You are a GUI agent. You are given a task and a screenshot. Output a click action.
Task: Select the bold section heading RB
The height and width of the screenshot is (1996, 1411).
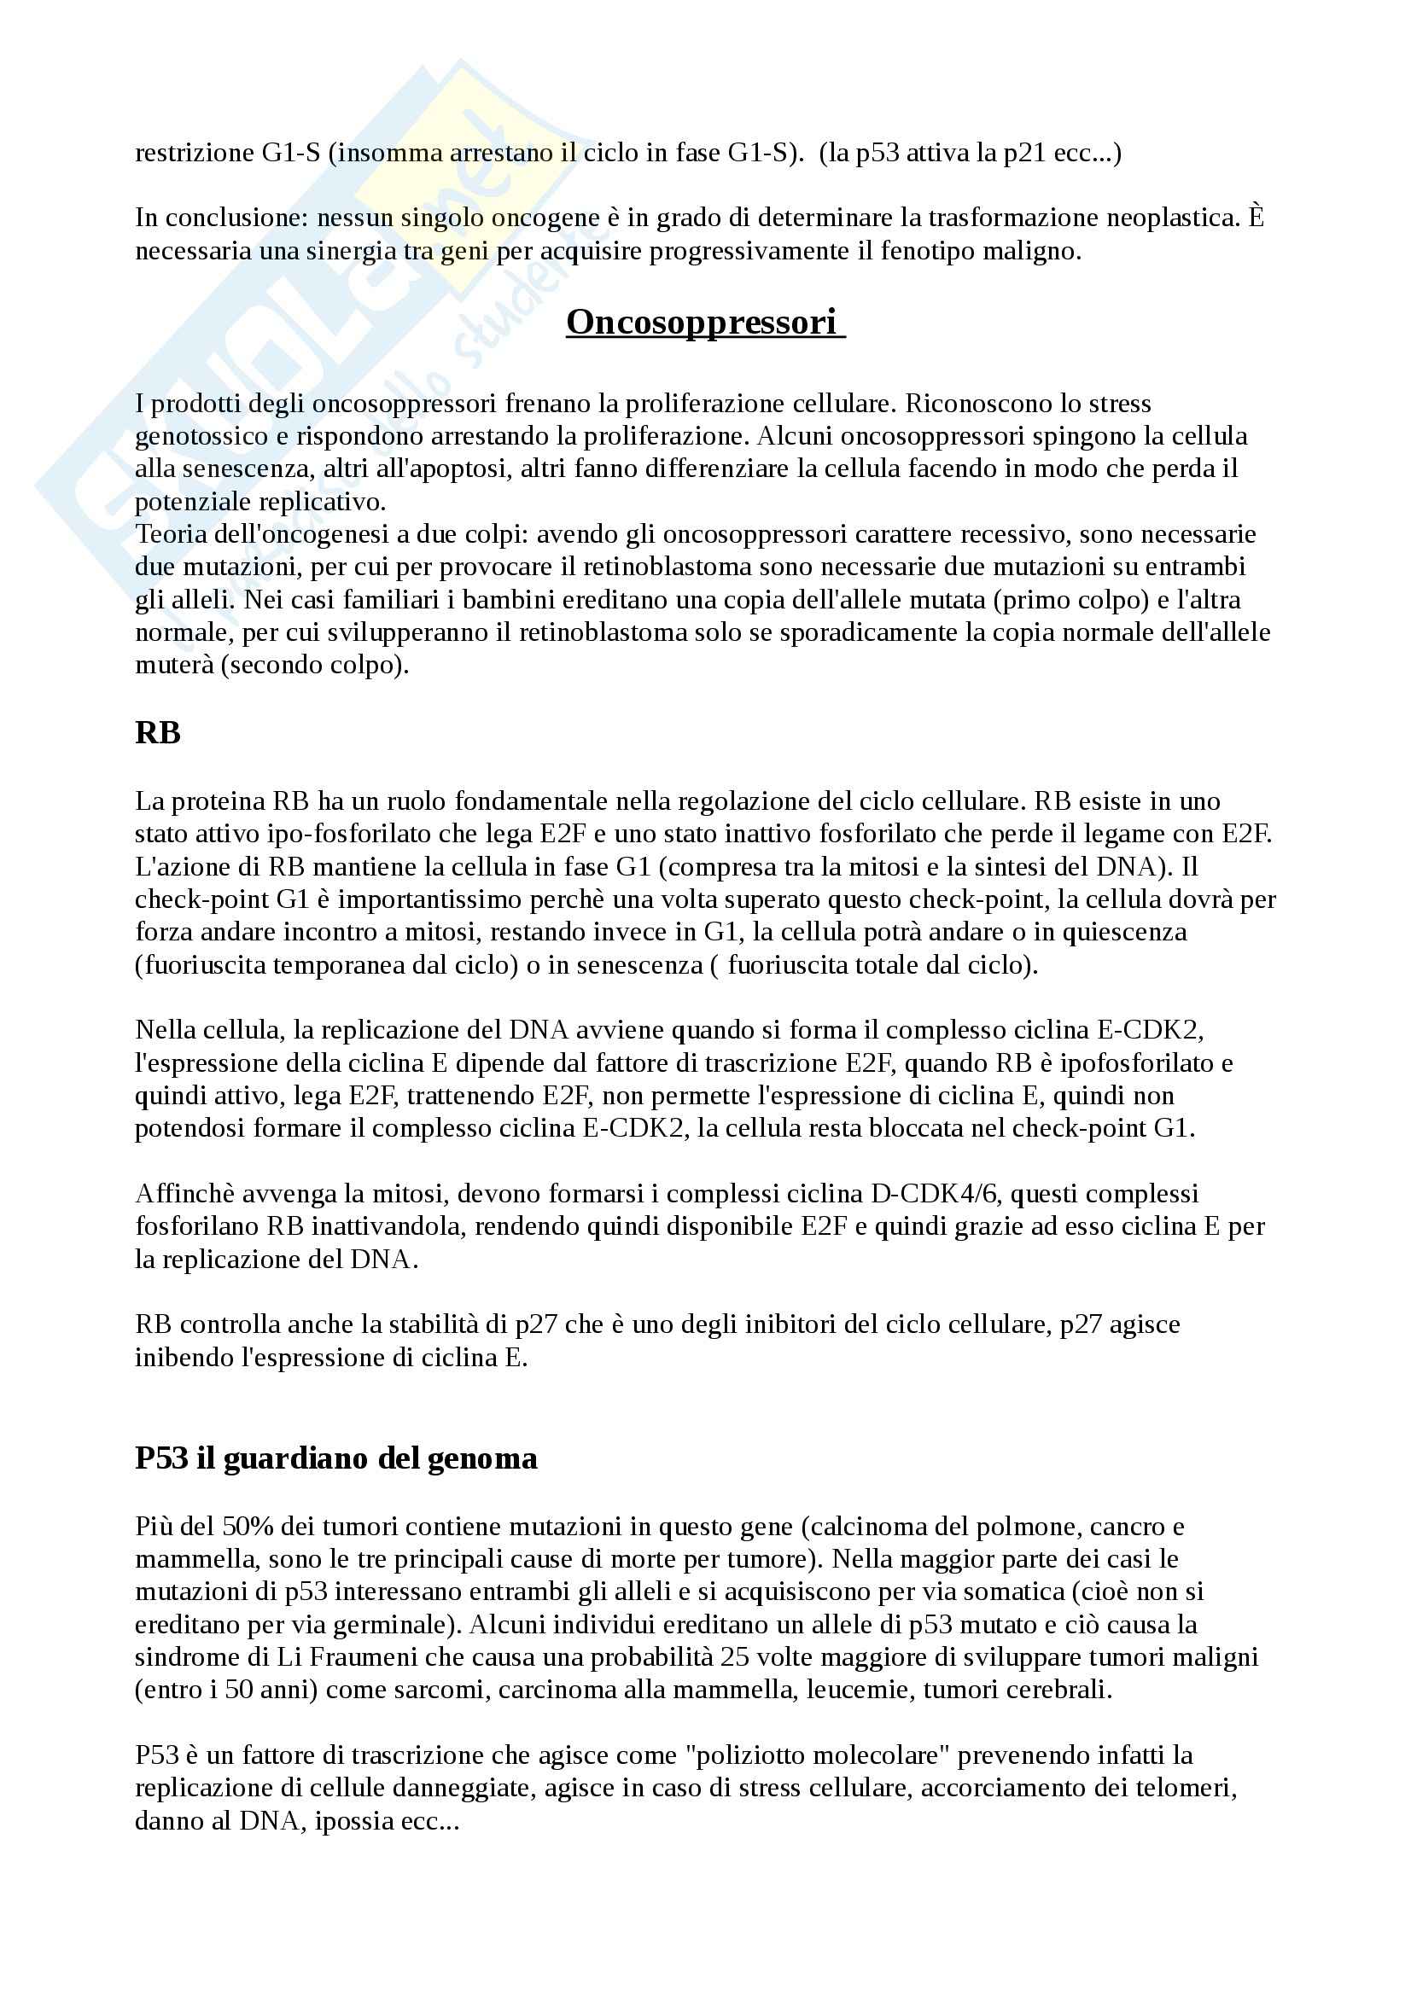pyautogui.click(x=157, y=733)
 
